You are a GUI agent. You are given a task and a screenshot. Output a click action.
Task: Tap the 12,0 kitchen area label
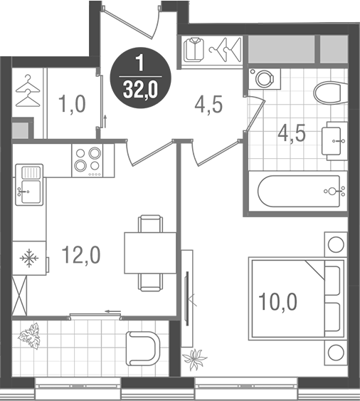coord(80,254)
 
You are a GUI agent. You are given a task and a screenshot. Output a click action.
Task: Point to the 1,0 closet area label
coord(71,105)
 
